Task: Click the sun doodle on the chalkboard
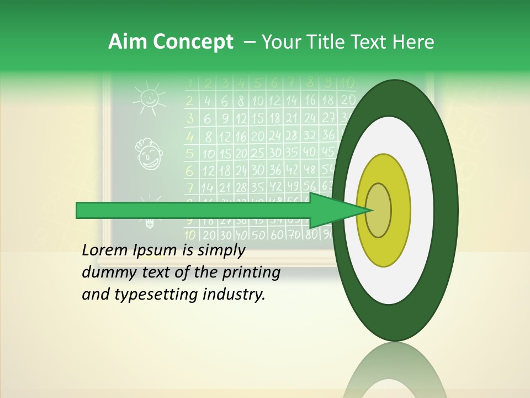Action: tap(149, 98)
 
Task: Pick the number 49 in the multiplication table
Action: tap(294, 187)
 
